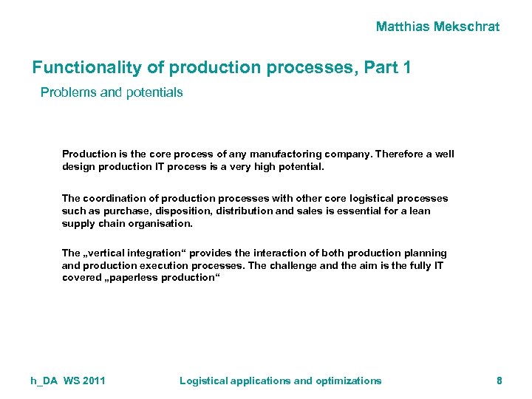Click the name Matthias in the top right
point(403,27)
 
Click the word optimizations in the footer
point(349,381)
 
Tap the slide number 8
point(499,381)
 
